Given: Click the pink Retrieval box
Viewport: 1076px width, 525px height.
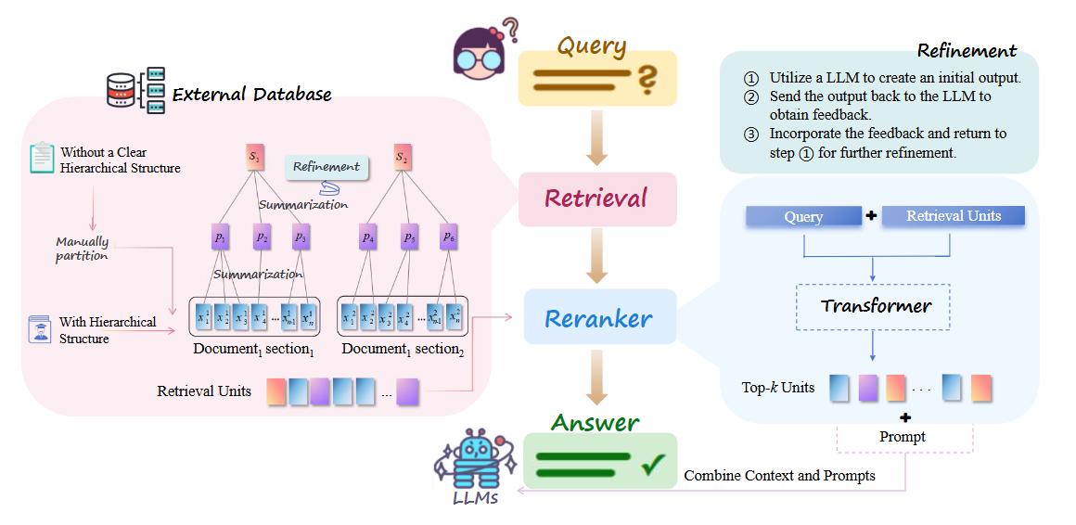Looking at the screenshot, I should click(x=597, y=198).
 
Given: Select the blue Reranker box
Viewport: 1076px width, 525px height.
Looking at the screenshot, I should click(x=598, y=319).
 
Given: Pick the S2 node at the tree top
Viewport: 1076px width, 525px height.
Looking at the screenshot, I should click(x=402, y=158).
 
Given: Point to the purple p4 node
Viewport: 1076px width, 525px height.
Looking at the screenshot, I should click(x=368, y=237).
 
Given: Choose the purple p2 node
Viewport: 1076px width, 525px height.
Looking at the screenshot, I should click(x=263, y=237).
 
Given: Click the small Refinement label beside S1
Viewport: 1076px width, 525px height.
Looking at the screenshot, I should click(x=326, y=167).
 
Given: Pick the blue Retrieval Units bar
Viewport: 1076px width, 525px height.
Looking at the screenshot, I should click(x=953, y=216).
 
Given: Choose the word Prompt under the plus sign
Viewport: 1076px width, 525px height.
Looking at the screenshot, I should click(x=903, y=436).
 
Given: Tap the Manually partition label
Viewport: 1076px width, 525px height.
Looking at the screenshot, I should click(x=83, y=249).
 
